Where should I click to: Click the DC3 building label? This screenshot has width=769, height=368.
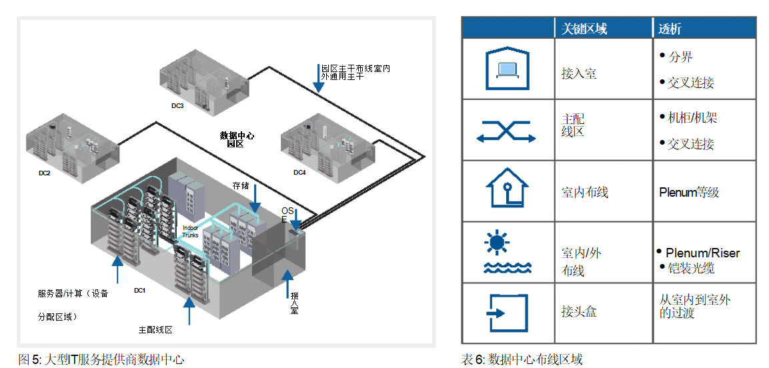[x=177, y=106]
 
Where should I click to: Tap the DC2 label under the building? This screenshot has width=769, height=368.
[x=45, y=173]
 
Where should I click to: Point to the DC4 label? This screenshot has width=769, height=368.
[x=299, y=173]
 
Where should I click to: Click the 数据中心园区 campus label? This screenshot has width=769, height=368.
[x=237, y=139]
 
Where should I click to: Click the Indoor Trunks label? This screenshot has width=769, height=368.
[x=190, y=231]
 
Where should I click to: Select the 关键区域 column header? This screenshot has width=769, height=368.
[x=584, y=29]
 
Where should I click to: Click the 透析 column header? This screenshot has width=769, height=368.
[x=670, y=29]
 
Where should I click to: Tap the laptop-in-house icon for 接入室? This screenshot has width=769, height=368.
[x=507, y=69]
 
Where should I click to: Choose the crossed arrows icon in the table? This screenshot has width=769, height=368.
[x=507, y=131]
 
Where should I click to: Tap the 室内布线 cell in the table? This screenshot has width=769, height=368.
[x=585, y=192]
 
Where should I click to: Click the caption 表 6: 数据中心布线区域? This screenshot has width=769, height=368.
[x=522, y=360]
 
